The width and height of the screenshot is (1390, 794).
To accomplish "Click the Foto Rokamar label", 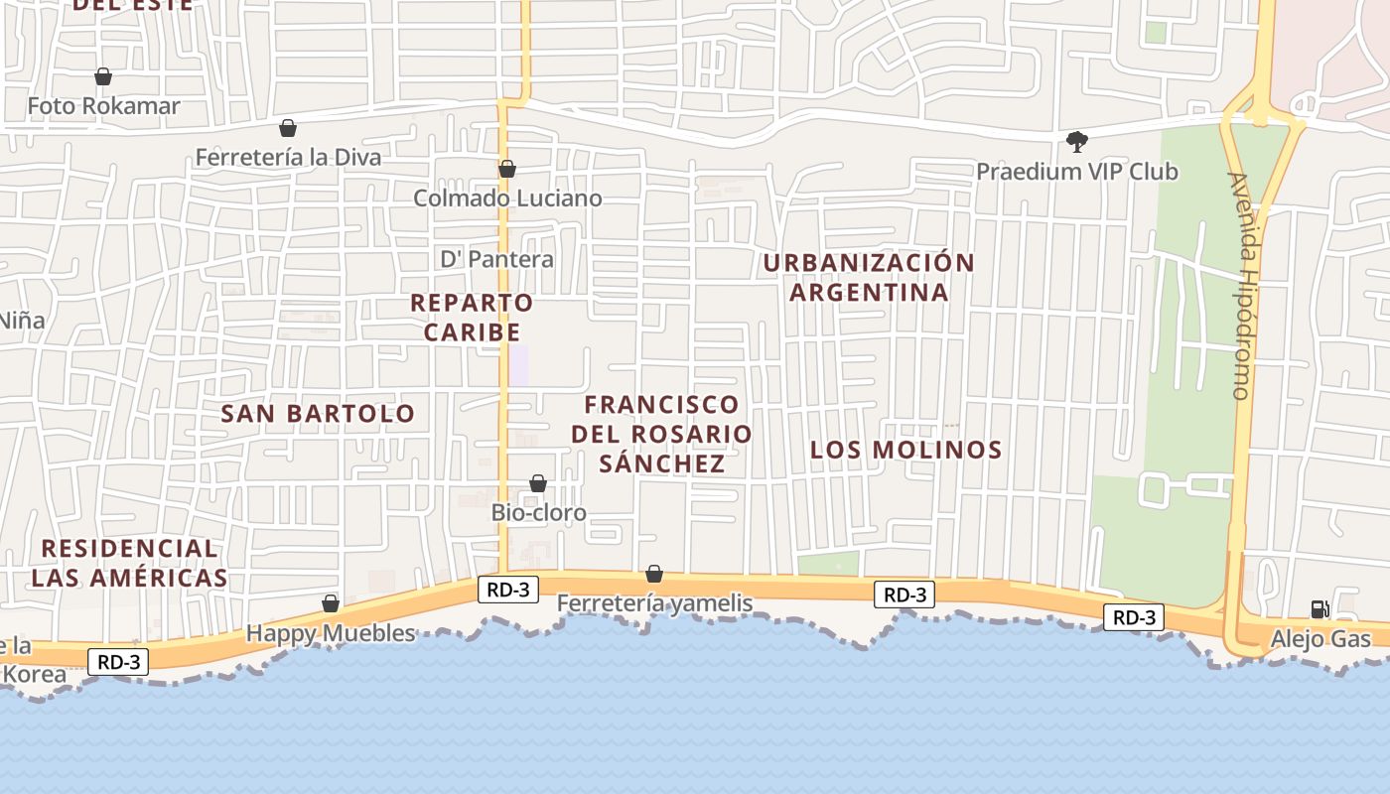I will click(x=103, y=106).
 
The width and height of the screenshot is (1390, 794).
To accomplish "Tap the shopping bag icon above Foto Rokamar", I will click(x=103, y=76).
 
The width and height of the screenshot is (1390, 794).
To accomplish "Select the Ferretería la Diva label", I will click(x=288, y=157).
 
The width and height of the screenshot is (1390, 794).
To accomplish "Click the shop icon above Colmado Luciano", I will click(x=507, y=169).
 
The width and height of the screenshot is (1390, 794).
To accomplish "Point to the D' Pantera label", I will click(x=497, y=259).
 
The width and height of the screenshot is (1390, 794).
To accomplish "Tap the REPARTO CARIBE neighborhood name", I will click(x=472, y=317).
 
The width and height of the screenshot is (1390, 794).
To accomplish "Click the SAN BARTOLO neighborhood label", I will click(x=318, y=413).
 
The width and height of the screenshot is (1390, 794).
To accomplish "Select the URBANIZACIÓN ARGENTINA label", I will click(x=869, y=277).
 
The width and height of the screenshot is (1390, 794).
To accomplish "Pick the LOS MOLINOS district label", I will click(x=905, y=450).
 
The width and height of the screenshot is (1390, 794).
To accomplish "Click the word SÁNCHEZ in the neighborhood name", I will click(x=662, y=463).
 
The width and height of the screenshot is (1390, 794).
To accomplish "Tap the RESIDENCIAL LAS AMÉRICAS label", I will click(x=129, y=563).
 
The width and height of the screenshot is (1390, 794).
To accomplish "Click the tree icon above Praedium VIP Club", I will click(x=1077, y=142).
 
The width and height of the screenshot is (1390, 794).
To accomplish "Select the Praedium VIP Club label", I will click(x=1077, y=172).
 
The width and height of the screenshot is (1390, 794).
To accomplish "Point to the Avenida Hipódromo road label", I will click(x=1241, y=286).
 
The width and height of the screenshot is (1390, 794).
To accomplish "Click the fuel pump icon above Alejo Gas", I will click(x=1320, y=608).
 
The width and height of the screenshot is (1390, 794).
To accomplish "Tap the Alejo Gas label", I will click(x=1320, y=638).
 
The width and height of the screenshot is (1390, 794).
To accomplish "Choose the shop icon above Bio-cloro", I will click(x=538, y=483).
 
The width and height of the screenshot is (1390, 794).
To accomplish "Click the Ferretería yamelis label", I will click(x=654, y=603).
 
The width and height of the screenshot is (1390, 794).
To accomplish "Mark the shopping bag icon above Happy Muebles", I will click(x=331, y=603).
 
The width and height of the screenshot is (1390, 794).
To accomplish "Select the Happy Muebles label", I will click(x=331, y=633).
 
